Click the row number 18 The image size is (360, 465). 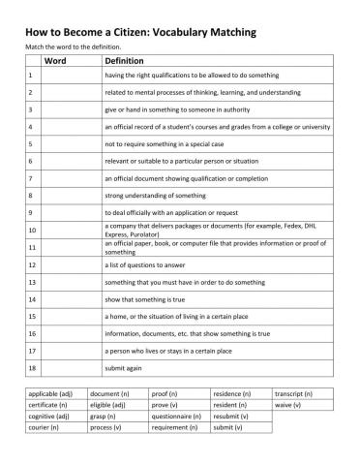[32, 368]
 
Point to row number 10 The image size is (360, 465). [32, 230]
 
